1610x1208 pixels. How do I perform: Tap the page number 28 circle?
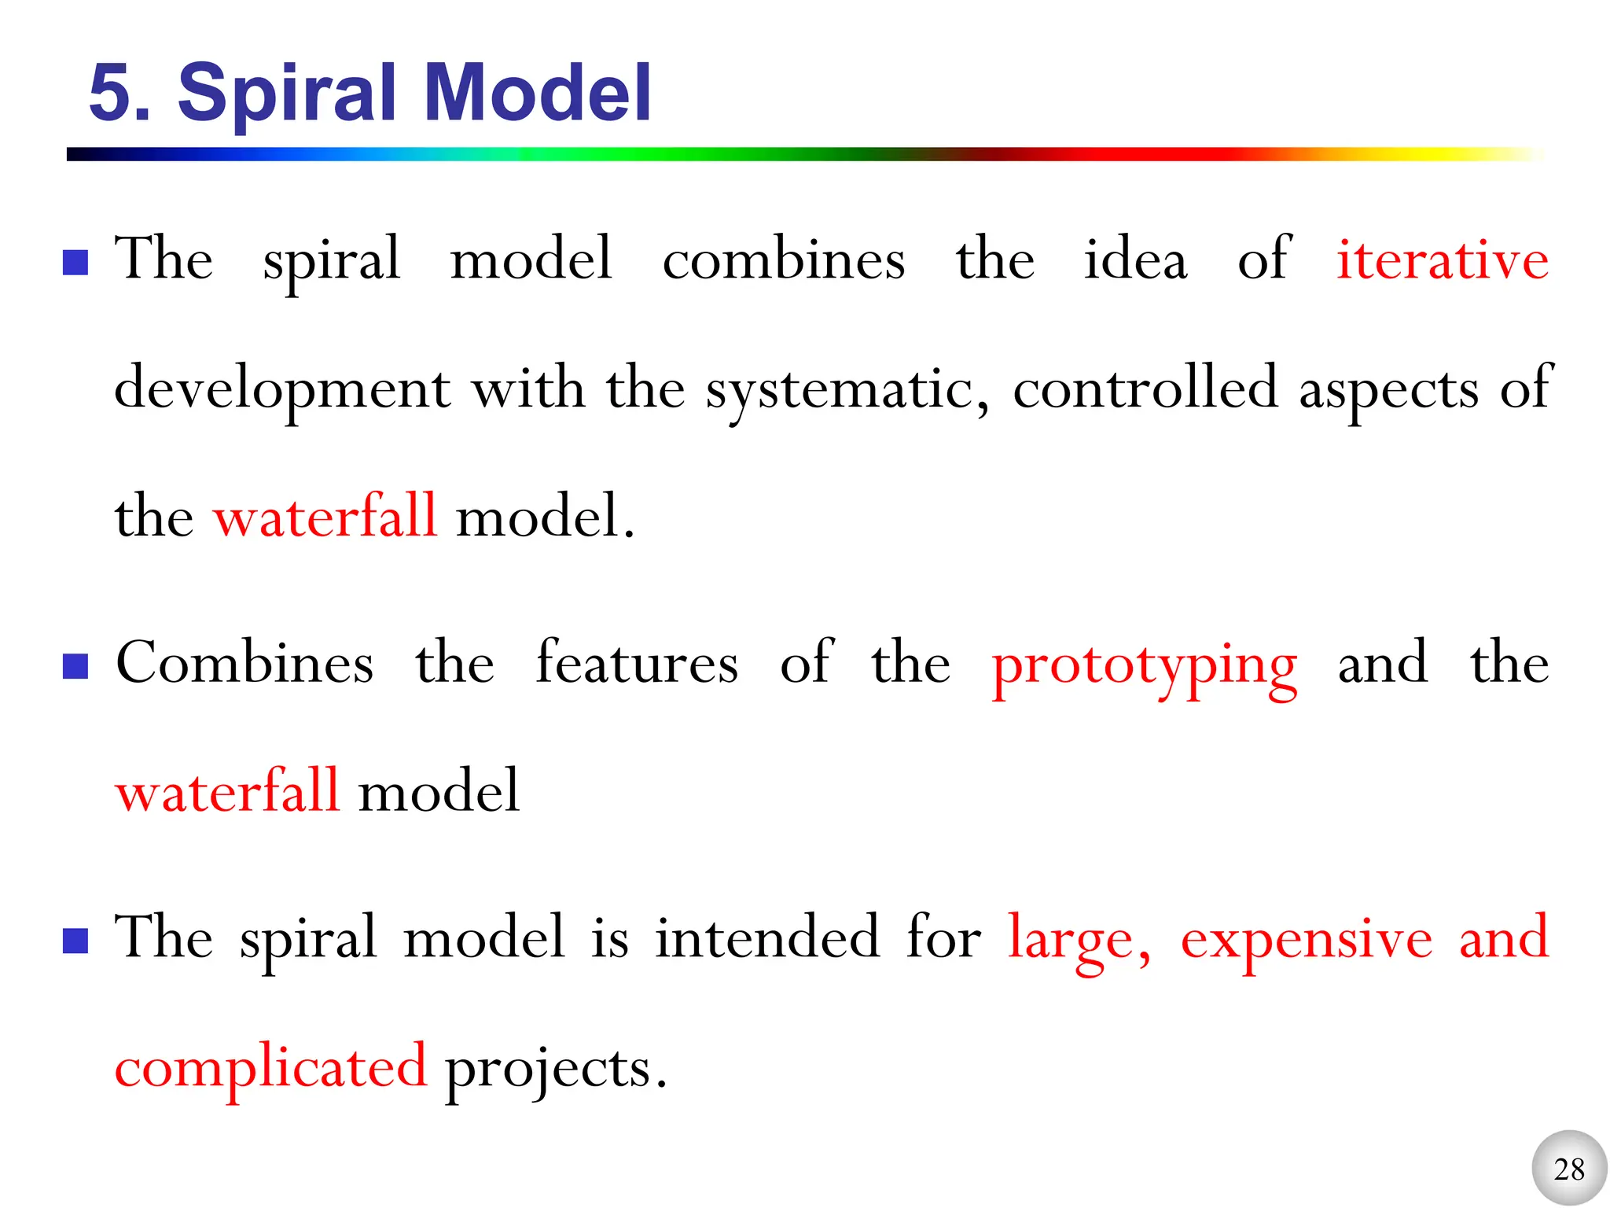[x=1569, y=1169]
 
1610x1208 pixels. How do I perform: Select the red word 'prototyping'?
[x=1144, y=665]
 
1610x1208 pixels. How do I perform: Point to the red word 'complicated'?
[x=270, y=1068]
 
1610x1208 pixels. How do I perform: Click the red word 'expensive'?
[x=1307, y=939]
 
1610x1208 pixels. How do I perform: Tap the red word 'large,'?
[x=1079, y=941]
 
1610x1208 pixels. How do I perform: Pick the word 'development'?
[x=282, y=390]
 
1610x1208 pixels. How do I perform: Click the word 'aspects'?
[x=1388, y=390]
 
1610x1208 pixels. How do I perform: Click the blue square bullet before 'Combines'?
[x=75, y=666]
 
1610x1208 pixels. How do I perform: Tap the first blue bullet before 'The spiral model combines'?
[x=75, y=263]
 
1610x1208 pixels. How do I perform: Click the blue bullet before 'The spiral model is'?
[x=75, y=941]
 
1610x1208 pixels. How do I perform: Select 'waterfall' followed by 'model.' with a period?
[x=325, y=517]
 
